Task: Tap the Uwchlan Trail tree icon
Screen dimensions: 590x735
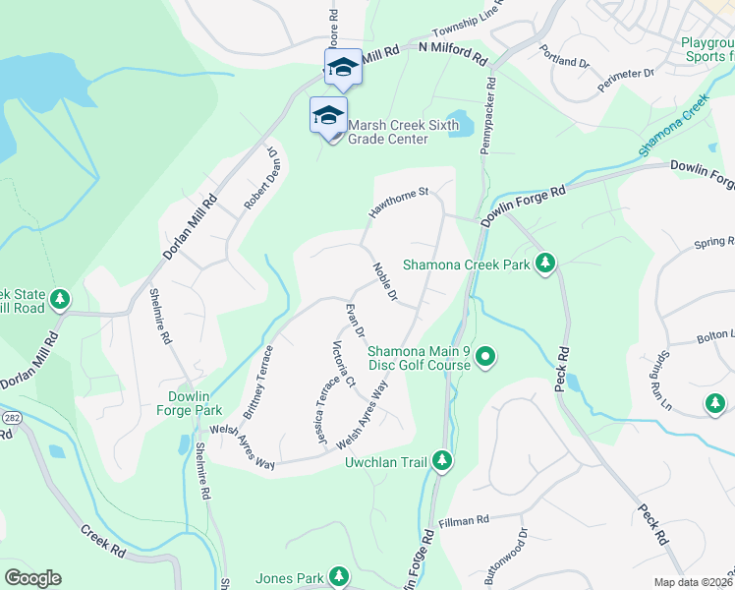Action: click(442, 460)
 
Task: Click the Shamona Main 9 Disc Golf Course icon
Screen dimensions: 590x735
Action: click(484, 356)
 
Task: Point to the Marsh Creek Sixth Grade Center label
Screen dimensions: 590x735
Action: click(388, 132)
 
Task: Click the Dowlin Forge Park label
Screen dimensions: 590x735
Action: click(189, 403)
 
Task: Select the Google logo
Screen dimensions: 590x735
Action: click(32, 577)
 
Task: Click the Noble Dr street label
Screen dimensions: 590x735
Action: click(384, 282)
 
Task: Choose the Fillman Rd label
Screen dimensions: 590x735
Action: click(465, 520)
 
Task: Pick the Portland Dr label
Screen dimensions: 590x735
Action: click(566, 61)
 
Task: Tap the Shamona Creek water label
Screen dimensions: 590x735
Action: click(673, 125)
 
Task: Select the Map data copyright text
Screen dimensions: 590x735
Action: click(693, 581)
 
